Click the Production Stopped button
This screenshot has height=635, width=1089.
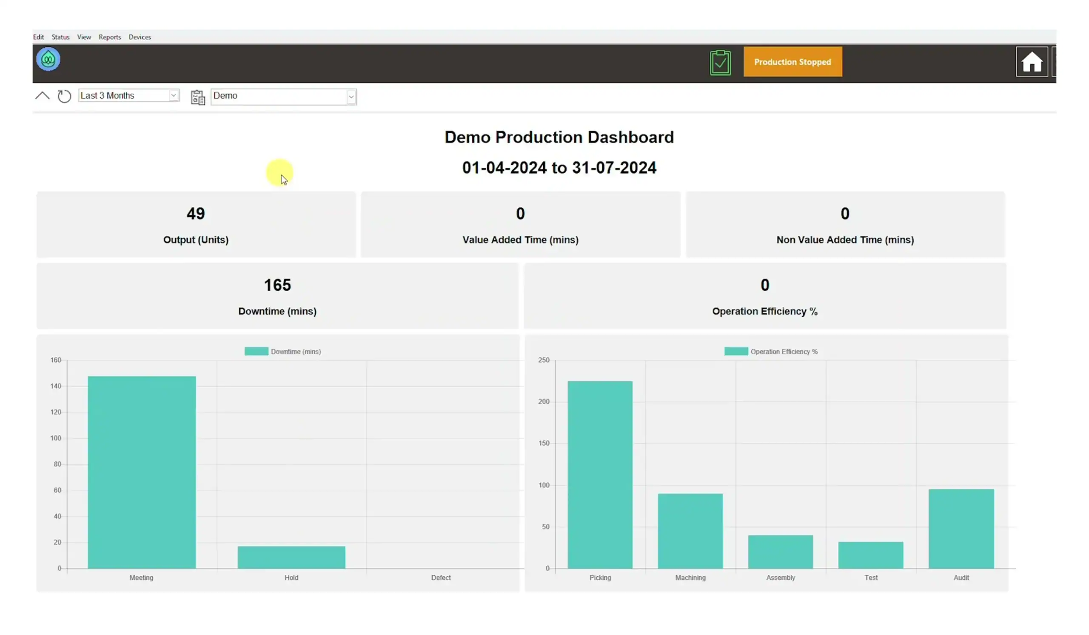793,62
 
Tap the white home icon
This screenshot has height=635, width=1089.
1032,62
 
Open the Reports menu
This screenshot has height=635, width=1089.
110,37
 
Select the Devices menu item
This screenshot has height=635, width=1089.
140,37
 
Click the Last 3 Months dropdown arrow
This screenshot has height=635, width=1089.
174,95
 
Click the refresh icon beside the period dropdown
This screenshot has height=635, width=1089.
64,96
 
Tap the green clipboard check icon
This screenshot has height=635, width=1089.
720,63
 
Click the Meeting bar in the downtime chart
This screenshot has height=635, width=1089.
142,472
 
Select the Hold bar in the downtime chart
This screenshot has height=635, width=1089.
291,557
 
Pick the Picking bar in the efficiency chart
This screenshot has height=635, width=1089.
600,475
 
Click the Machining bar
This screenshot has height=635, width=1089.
690,531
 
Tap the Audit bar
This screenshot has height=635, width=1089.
961,529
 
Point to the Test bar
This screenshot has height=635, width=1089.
871,555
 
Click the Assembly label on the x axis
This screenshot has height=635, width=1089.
781,578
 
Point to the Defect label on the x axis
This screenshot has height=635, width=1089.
441,578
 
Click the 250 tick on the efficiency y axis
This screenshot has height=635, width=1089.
544,360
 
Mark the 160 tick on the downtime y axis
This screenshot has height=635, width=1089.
56,360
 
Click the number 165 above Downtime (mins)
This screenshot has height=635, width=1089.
277,285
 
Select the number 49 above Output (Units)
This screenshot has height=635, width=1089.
196,214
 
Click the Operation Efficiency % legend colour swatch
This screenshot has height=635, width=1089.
736,352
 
